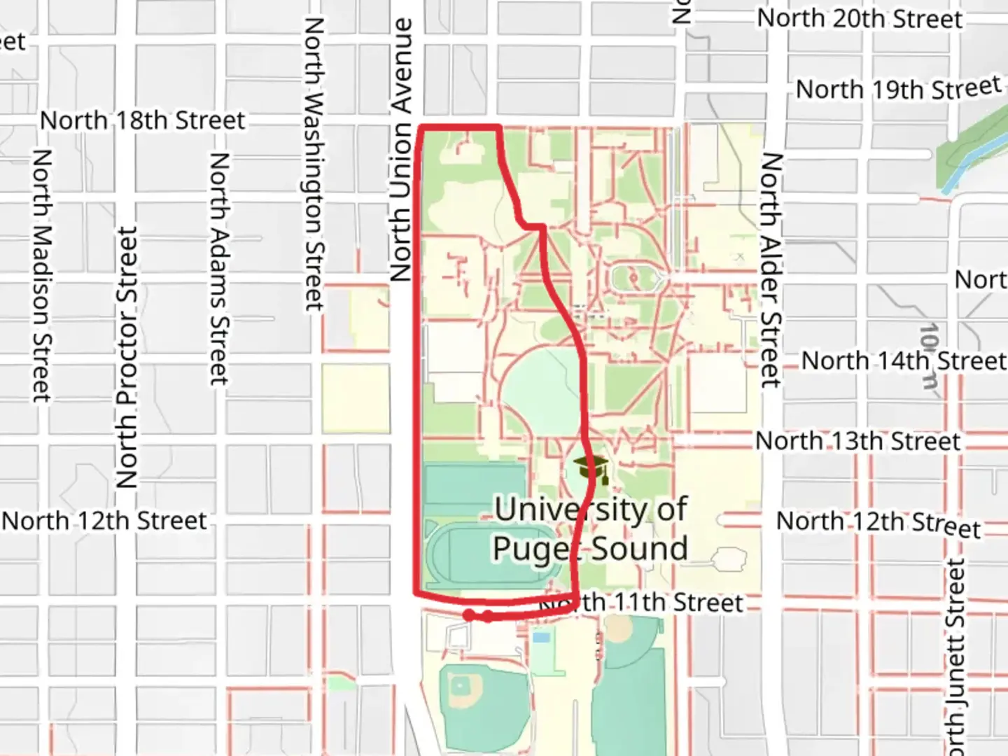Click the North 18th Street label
click(142, 120)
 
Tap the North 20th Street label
click(860, 19)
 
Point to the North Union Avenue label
click(401, 150)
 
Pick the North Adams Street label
click(219, 269)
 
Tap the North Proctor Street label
click(127, 357)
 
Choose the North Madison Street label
click(41, 275)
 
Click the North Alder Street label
click(771, 269)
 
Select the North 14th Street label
click(903, 361)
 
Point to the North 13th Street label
click(857, 442)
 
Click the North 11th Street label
click(640, 603)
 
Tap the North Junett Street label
click(955, 654)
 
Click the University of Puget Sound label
click(590, 528)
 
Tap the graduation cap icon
click(590, 468)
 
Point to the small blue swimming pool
click(540, 637)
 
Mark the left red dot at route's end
click(469, 615)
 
